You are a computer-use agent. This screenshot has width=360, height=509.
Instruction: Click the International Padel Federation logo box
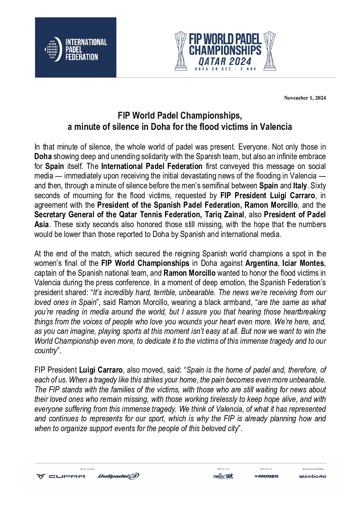pyautogui.click(x=76, y=48)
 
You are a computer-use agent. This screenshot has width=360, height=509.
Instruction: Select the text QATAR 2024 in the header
pyautogui.click(x=225, y=62)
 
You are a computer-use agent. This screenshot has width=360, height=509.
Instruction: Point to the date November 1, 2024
pyautogui.click(x=305, y=98)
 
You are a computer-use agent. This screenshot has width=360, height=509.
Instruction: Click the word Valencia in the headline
pyautogui.click(x=276, y=127)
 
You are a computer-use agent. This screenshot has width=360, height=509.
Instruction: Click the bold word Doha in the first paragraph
pyautogui.click(x=43, y=157)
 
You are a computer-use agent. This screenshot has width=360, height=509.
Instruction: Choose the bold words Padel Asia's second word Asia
pyautogui.click(x=41, y=224)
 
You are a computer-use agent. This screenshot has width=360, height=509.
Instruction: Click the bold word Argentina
pyautogui.click(x=261, y=263)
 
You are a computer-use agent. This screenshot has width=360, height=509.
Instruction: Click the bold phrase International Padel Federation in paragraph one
pyautogui.click(x=152, y=166)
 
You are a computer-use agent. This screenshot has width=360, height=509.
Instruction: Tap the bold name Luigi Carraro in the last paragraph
pyautogui.click(x=101, y=370)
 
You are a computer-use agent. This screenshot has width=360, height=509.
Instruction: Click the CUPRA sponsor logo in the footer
pyautogui.click(x=61, y=476)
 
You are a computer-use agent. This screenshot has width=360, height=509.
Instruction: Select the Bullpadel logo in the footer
pyautogui.click(x=118, y=476)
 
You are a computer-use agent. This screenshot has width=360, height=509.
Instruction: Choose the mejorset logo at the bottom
pyautogui.click(x=223, y=476)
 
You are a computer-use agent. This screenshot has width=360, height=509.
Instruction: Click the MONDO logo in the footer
pyautogui.click(x=266, y=476)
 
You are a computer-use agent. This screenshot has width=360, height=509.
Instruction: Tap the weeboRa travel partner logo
pyautogui.click(x=312, y=476)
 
